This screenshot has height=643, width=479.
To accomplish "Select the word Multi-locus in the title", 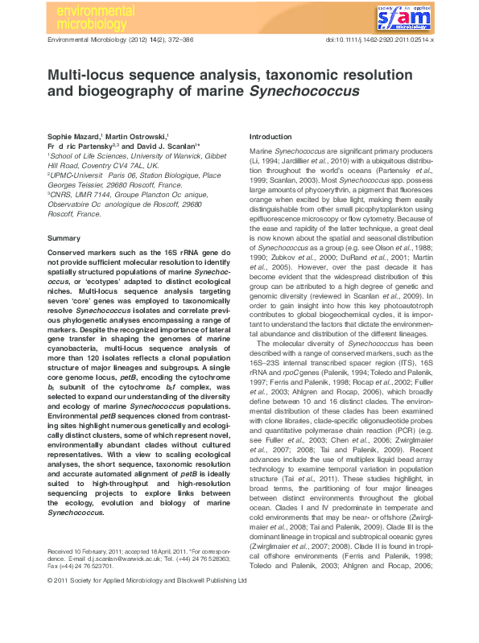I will pyautogui.click(x=85, y=75).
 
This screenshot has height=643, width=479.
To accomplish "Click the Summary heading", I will pyautogui.click(x=64, y=238).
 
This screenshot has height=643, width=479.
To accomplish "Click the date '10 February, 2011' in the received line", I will pyautogui.click(x=105, y=593).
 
